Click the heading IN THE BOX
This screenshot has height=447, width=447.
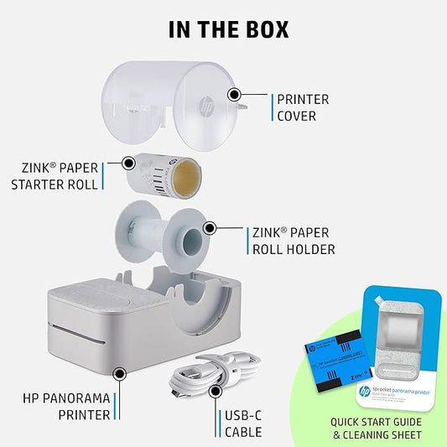tap(228, 29)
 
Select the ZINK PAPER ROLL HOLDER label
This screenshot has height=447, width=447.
tap(294, 242)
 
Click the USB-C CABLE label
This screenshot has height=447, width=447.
tap(243, 424)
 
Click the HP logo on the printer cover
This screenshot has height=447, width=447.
tap(204, 107)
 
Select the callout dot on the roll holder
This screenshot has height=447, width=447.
tap(210, 227)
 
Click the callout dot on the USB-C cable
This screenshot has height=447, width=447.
tap(217, 389)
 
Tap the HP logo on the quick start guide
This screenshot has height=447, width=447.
tap(365, 391)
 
